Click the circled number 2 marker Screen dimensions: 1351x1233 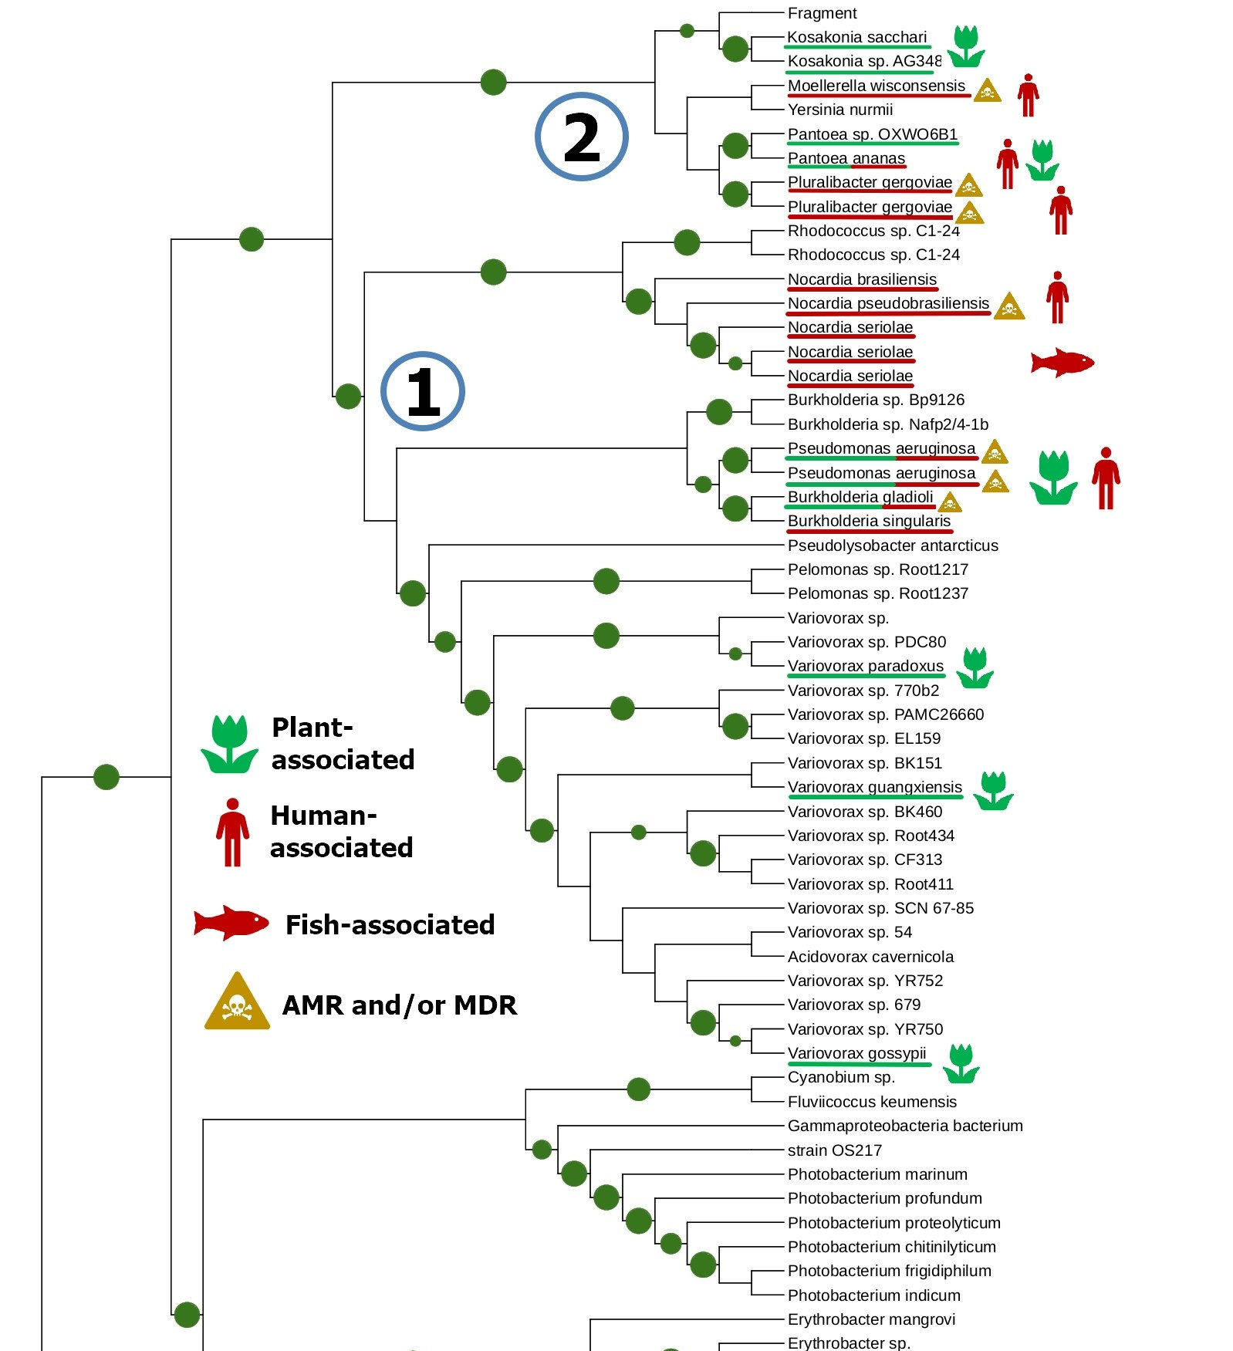click(x=581, y=137)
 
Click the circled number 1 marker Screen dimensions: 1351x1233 click(x=423, y=391)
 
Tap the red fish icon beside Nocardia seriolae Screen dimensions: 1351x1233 click(x=1062, y=362)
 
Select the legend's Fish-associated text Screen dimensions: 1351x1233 click(x=390, y=924)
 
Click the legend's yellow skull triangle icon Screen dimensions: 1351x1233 click(x=237, y=1003)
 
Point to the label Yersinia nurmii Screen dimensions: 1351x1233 click(x=839, y=110)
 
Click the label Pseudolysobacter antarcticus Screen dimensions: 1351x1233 click(x=892, y=545)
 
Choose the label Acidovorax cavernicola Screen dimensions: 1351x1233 click(x=870, y=957)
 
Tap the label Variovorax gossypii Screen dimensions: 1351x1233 click(x=856, y=1053)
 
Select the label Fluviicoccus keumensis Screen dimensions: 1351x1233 click(x=871, y=1102)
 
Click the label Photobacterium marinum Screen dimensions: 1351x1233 click(x=877, y=1174)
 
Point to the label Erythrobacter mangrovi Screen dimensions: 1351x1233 click(x=870, y=1319)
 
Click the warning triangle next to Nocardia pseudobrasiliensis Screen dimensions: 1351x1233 click(x=1008, y=307)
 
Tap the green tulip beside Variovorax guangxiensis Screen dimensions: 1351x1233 click(x=993, y=791)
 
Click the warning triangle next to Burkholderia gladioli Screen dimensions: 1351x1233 click(x=950, y=502)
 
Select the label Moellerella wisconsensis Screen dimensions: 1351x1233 click(x=876, y=86)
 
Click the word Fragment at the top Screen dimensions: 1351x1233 click(x=822, y=13)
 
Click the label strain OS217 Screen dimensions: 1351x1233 click(x=834, y=1150)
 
